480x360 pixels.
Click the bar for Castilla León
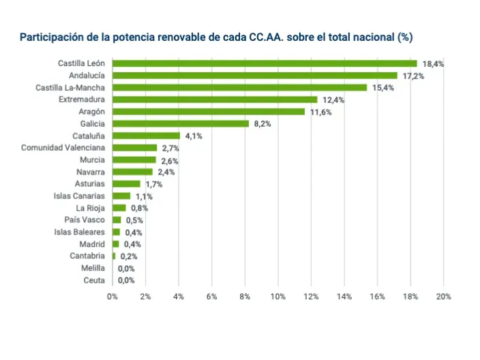[265, 63]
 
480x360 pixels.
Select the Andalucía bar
[254, 76]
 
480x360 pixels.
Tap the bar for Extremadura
[215, 100]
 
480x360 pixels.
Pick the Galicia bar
[180, 123]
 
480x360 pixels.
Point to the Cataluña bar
[146, 136]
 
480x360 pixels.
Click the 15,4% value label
[382, 88]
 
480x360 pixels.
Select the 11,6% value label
[320, 112]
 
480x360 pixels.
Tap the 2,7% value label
[170, 148]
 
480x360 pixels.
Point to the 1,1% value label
[143, 196]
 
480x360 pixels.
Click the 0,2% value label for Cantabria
[128, 256]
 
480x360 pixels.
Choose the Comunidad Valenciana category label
[63, 147]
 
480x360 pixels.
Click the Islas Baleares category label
[80, 232]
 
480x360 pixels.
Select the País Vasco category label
[85, 220]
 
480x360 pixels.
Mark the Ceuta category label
[94, 280]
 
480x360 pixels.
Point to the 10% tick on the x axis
[278, 297]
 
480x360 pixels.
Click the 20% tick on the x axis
[444, 297]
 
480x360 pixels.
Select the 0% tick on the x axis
[112, 297]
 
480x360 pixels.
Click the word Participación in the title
[51, 37]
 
